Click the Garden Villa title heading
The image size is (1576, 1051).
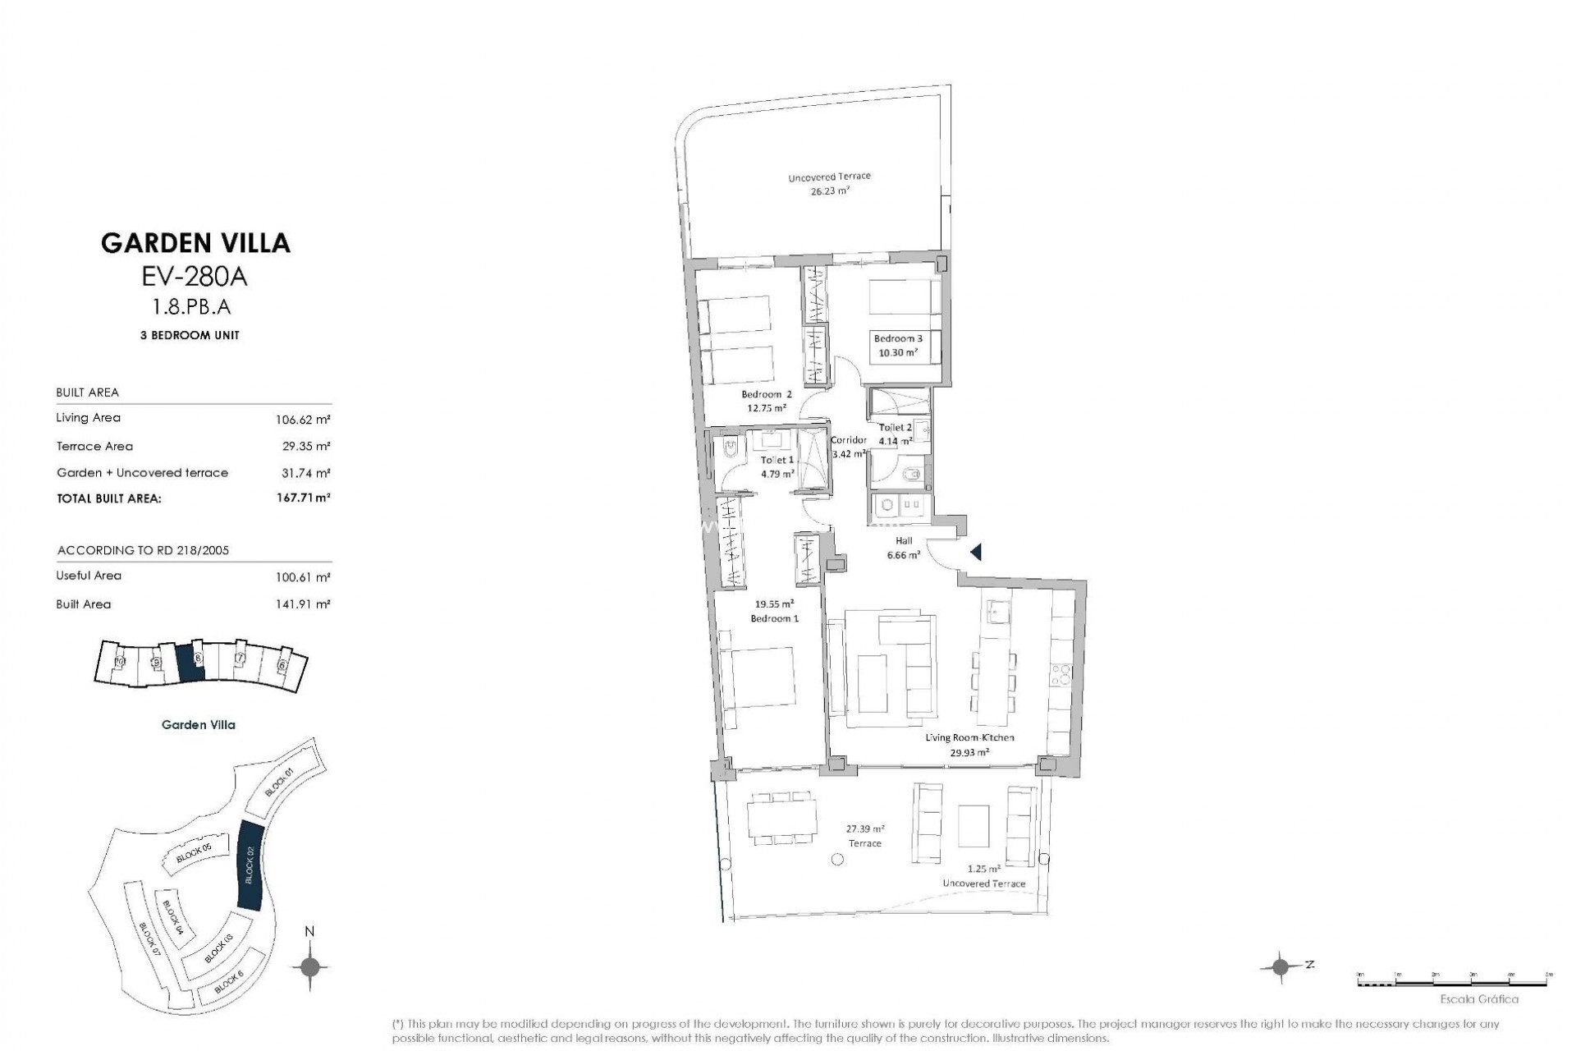[195, 243]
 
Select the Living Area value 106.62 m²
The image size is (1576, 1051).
[303, 420]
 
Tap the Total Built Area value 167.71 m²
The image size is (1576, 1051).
[303, 498]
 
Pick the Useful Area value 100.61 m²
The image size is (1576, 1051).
[303, 577]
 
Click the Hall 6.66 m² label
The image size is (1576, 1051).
[903, 548]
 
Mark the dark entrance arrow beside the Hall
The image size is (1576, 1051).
[975, 553]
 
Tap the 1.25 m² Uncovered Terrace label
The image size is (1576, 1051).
[983, 876]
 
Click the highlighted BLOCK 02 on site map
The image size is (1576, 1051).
[249, 864]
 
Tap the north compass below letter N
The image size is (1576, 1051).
[309, 966]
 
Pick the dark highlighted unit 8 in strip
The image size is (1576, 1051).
[190, 661]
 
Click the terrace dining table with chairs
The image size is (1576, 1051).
[781, 817]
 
